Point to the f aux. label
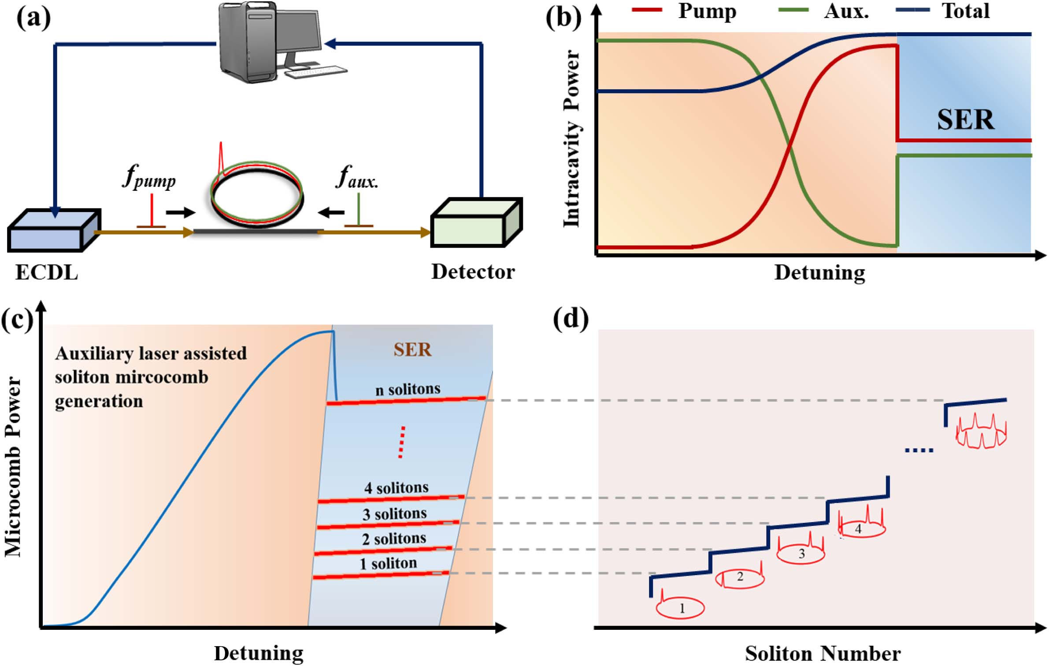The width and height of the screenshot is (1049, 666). [x=357, y=177]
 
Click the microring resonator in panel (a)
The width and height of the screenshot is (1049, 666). [x=257, y=194]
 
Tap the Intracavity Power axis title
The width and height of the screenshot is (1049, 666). [x=572, y=139]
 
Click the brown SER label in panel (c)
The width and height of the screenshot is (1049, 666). [x=412, y=350]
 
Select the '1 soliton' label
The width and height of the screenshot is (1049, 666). [x=388, y=563]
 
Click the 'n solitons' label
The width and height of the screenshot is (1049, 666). [x=408, y=389]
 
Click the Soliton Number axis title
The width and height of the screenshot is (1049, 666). [x=823, y=653]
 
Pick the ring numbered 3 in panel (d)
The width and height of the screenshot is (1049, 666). [x=801, y=553]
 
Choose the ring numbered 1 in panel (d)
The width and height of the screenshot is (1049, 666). [x=681, y=608]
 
